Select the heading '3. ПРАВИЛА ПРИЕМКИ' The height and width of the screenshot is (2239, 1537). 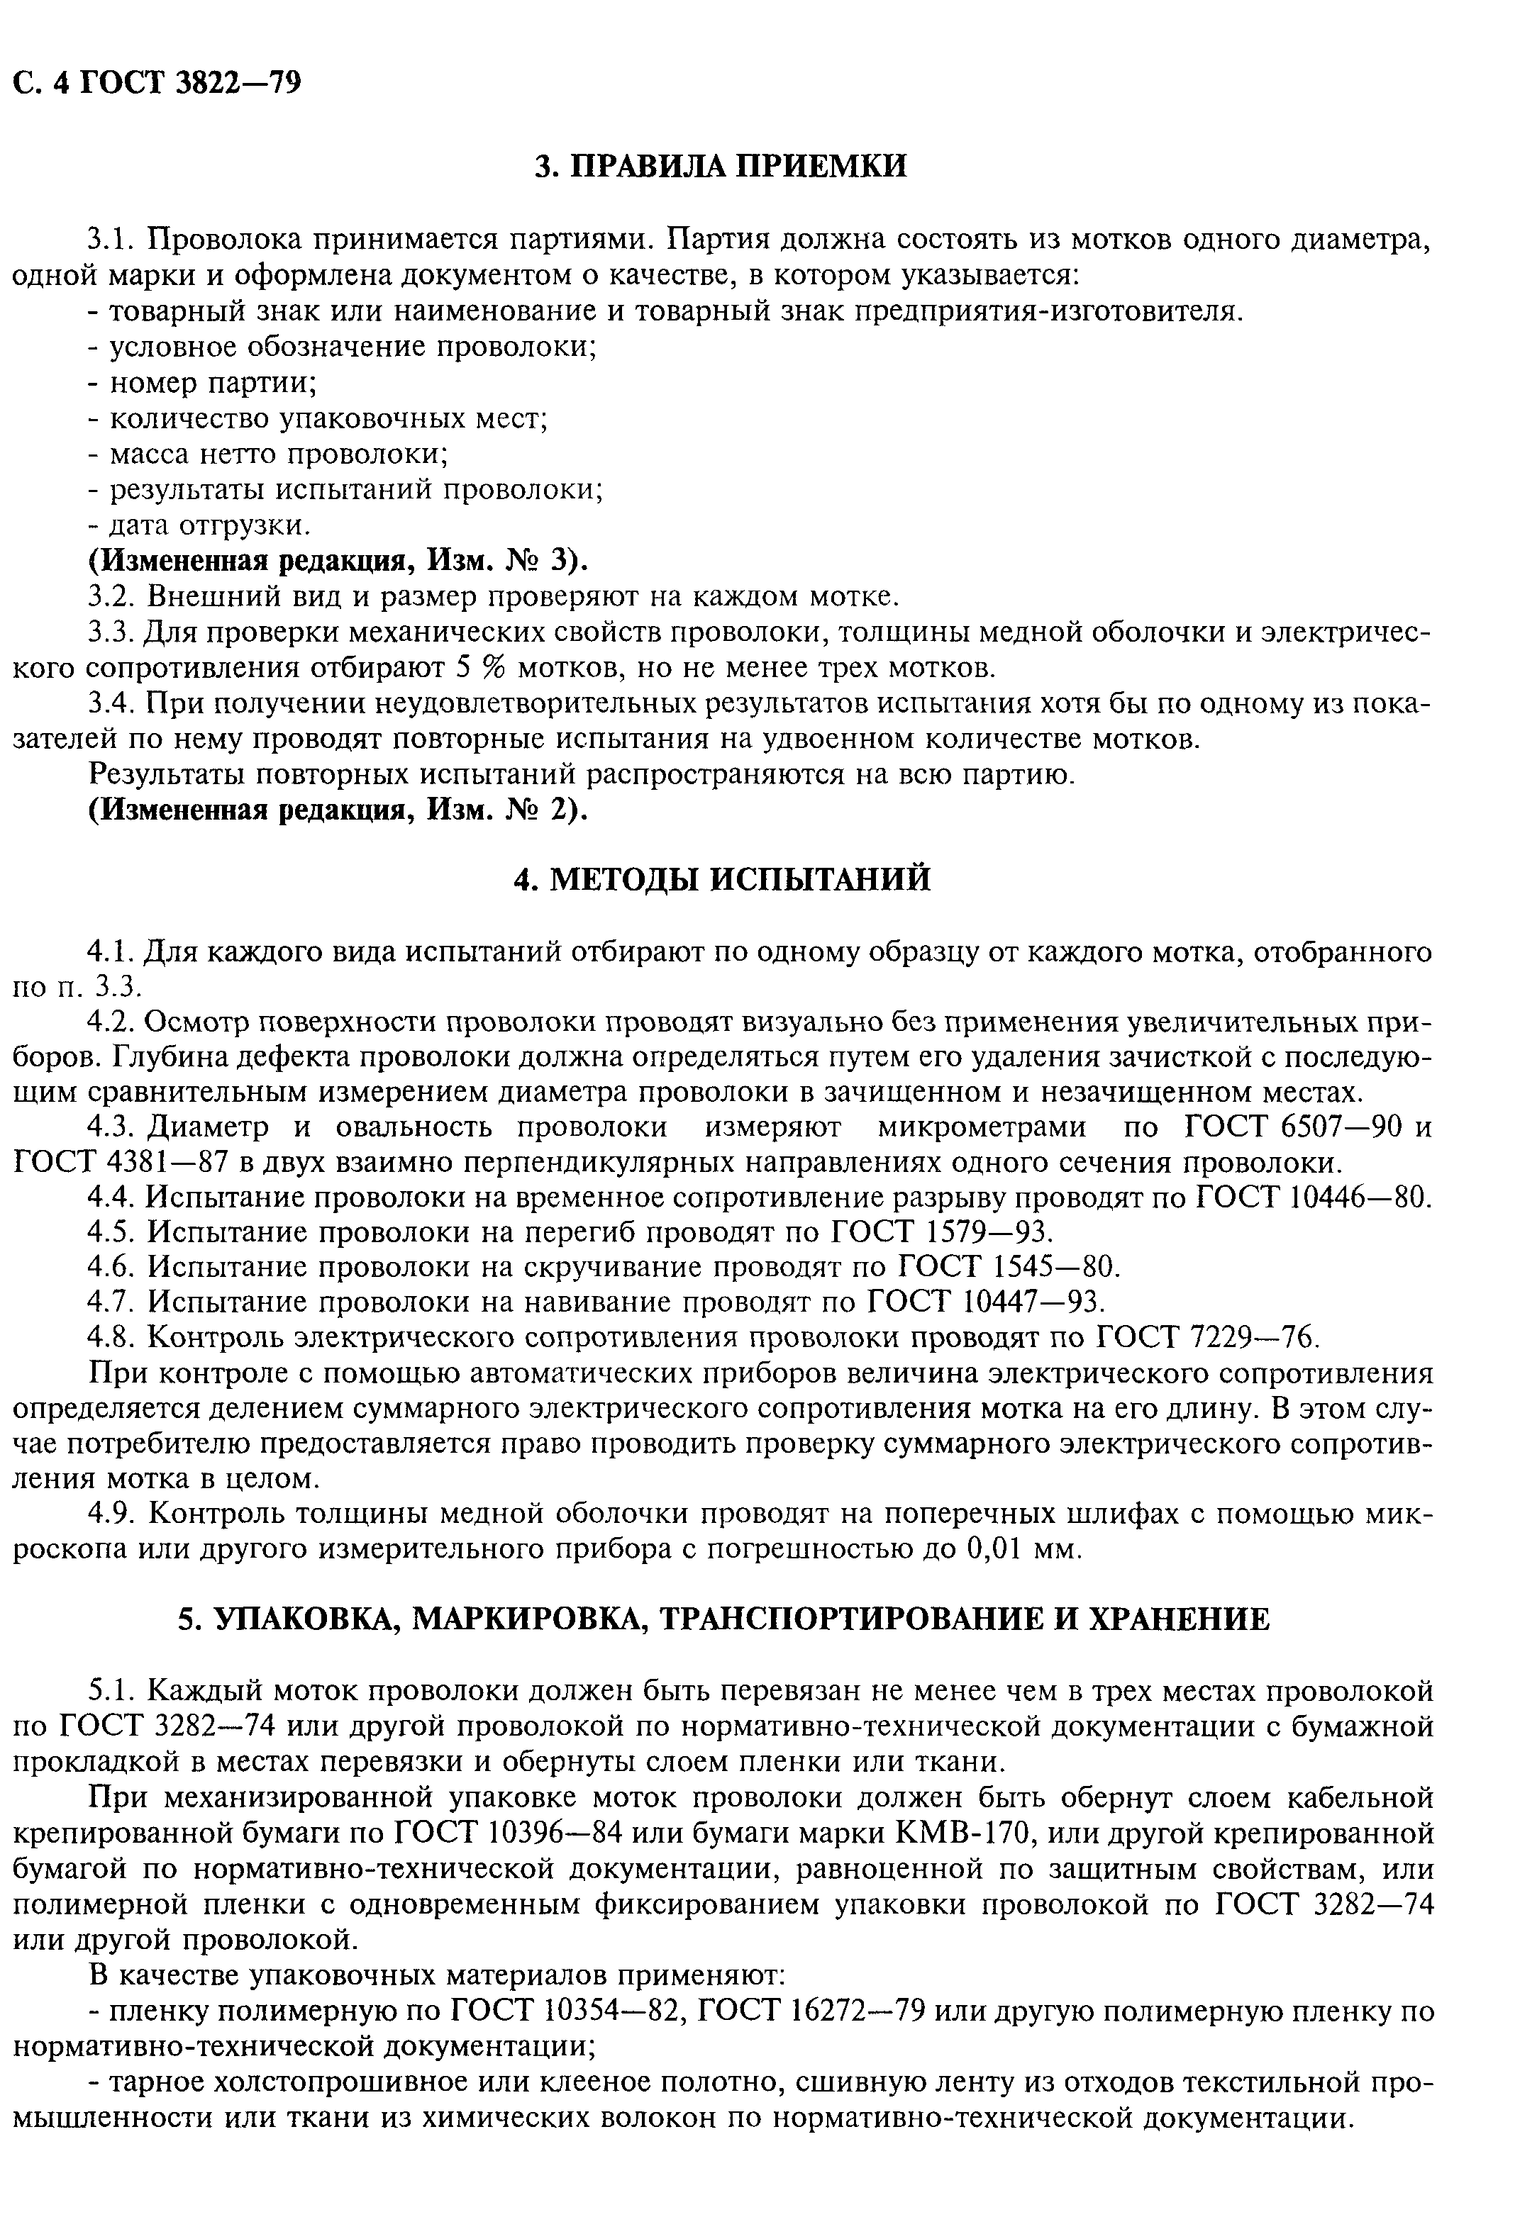(721, 166)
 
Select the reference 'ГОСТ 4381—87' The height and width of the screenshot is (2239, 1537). (121, 1163)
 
